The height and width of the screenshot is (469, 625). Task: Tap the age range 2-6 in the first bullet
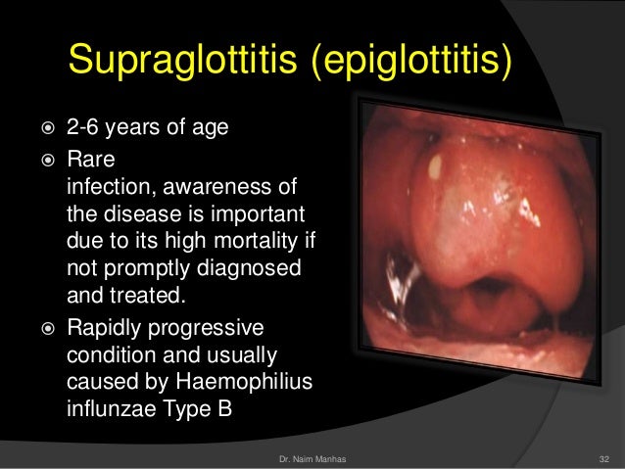point(81,126)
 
